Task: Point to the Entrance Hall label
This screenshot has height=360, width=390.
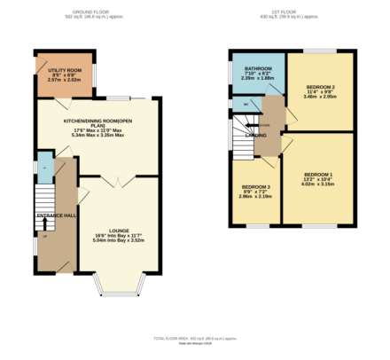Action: (x=56, y=215)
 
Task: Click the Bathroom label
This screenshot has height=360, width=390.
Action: (x=258, y=68)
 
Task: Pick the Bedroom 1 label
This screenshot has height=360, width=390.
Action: (x=318, y=174)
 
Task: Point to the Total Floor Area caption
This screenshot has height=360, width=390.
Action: (x=193, y=338)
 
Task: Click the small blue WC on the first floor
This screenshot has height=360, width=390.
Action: (x=245, y=104)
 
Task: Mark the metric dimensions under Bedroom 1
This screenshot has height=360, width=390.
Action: (x=318, y=185)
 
